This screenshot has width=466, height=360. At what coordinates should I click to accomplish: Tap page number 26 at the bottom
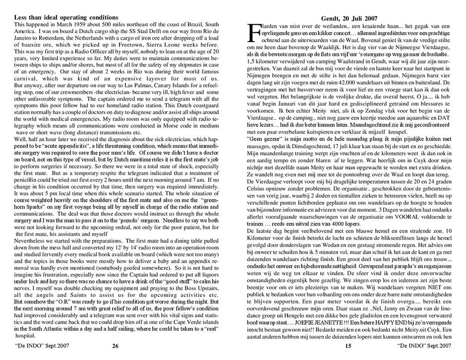coord(116,346)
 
